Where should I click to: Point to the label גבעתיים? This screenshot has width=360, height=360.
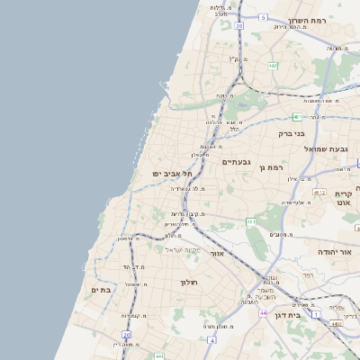[x=236, y=161]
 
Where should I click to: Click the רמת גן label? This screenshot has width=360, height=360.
[x=270, y=167]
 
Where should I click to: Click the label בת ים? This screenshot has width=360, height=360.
[x=100, y=290]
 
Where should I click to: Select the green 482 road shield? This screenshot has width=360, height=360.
[x=273, y=65]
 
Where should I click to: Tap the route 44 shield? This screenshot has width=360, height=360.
[x=262, y=314]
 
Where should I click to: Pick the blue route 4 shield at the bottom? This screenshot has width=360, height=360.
[x=211, y=341]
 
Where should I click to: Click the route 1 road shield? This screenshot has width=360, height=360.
[x=316, y=313]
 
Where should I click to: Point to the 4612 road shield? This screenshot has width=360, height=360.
[x=319, y=193]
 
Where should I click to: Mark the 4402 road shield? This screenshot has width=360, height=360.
[x=335, y=324]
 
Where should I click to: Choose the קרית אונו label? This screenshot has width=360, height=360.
[x=343, y=198]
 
